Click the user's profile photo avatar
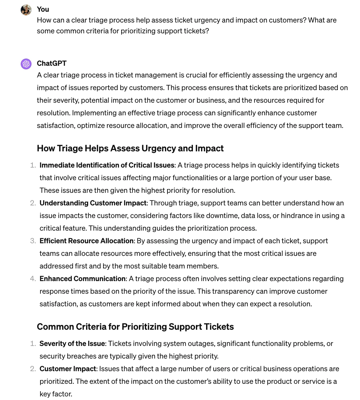click(26, 10)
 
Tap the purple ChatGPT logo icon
click(26, 64)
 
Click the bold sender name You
click(43, 9)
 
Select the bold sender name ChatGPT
click(52, 63)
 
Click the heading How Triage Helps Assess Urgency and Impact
click(130, 148)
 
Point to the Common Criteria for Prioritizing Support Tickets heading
click(135, 327)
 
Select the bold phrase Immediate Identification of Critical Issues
click(107, 165)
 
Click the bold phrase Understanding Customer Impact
click(93, 203)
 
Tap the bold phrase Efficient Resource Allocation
click(86, 241)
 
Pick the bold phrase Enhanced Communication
click(82, 279)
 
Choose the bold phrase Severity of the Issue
click(72, 344)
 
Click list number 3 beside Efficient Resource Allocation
click(33, 241)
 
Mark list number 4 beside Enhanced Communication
click(33, 279)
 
